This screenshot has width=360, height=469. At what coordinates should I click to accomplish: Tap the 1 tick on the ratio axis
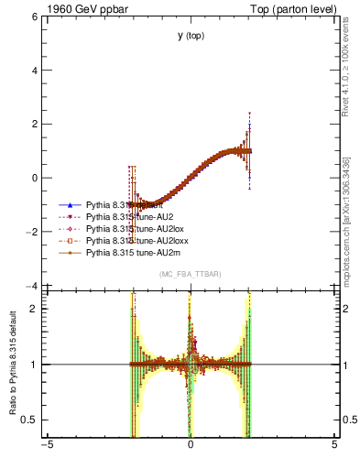(x=34, y=365)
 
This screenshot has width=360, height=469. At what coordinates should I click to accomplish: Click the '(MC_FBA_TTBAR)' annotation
(x=190, y=275)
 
